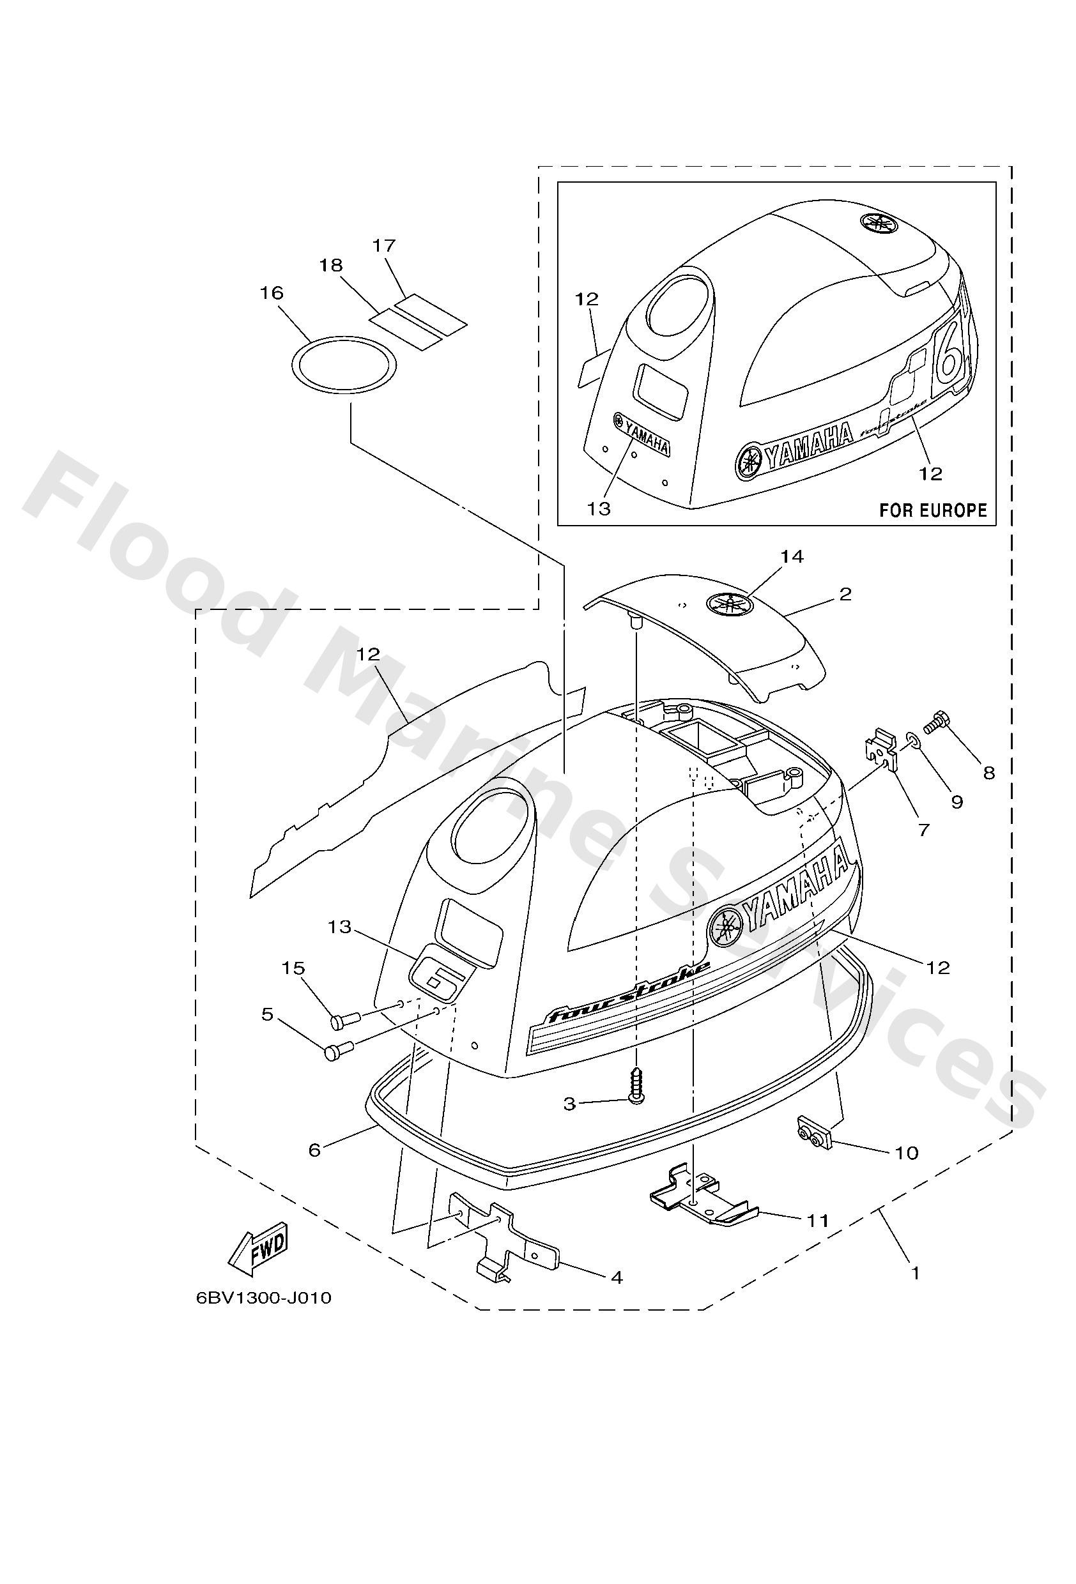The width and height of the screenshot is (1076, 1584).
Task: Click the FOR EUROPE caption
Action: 932,510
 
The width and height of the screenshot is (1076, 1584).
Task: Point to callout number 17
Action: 385,245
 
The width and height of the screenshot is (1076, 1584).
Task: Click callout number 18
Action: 332,265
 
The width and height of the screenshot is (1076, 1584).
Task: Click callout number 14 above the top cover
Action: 792,557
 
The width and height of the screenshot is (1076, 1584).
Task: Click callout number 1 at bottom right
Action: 916,1272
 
